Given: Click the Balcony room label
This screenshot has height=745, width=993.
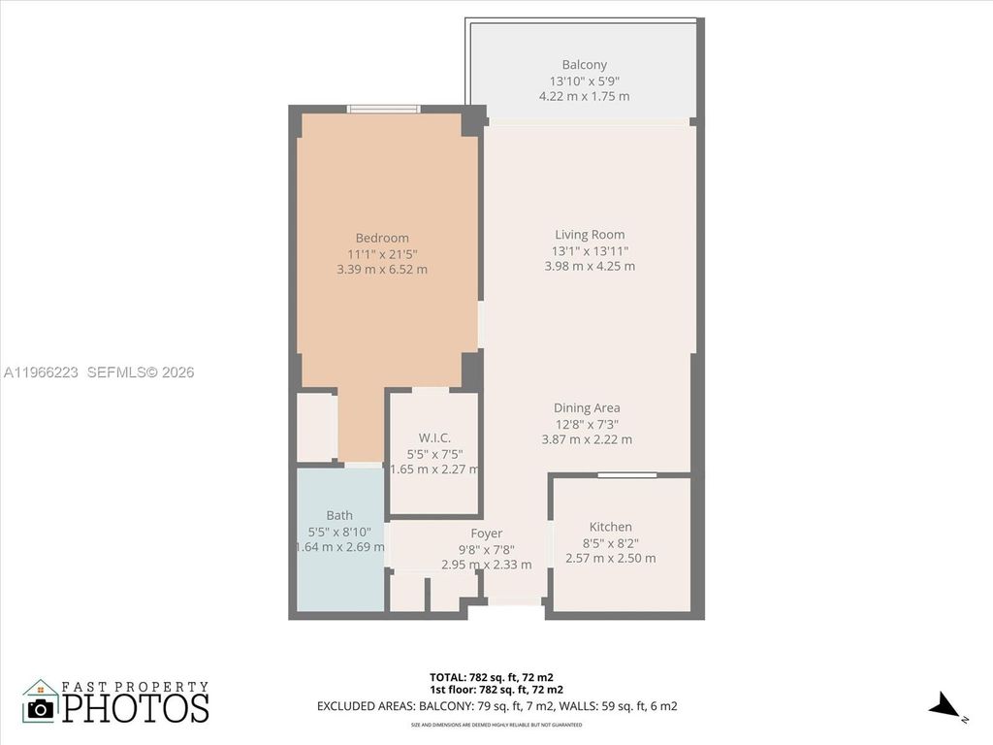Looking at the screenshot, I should tap(584, 65).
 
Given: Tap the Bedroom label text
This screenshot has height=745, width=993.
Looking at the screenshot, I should tap(382, 238).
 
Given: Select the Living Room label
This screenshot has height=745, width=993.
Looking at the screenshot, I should tap(590, 234).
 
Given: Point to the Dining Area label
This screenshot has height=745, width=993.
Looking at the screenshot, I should tap(587, 407).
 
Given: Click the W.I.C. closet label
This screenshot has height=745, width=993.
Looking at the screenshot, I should tap(434, 437).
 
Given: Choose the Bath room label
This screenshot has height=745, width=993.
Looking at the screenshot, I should tap(339, 515).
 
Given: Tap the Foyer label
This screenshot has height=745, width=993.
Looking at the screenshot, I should tap(486, 533).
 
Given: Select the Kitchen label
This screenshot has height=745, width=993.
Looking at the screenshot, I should tap(610, 527).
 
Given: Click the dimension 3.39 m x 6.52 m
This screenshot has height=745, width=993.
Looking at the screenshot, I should tap(382, 270).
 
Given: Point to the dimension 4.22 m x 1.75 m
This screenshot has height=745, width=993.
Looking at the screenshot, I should tap(584, 96).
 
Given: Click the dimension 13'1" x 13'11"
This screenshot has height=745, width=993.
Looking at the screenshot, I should tap(590, 250).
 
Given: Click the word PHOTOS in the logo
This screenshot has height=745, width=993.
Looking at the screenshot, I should tap(136, 707).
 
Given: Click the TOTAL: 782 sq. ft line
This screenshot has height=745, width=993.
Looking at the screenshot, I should tap(491, 676).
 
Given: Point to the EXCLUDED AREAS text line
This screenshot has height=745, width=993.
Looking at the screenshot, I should tap(496, 706).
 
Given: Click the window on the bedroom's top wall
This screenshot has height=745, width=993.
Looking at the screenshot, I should tap(384, 109).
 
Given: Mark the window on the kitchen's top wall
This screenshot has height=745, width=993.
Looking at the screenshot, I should tap(626, 474).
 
